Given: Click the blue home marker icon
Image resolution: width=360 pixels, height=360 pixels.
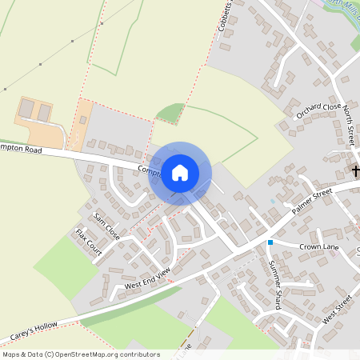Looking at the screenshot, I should pos(180,172).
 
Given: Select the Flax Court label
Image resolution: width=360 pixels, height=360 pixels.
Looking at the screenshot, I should pos(89,242).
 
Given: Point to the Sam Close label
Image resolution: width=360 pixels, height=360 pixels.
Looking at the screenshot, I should pos(106,227).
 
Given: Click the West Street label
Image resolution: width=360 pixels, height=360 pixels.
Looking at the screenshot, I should pos(338,310).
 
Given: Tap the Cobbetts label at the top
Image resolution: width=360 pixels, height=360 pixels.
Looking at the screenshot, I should pos(225,16).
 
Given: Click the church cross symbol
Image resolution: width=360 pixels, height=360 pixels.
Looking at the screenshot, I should pos(355,171).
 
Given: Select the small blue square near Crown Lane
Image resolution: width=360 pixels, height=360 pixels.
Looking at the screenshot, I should pos(270,242).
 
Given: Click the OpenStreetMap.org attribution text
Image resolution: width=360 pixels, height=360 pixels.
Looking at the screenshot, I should pos(105,354).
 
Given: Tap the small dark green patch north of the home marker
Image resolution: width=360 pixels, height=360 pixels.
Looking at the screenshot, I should pos(170,113).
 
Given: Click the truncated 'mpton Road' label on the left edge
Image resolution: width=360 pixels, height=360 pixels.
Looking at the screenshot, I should pos(21,149).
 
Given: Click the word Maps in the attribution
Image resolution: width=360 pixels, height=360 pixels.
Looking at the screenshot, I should pos(11,354).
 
